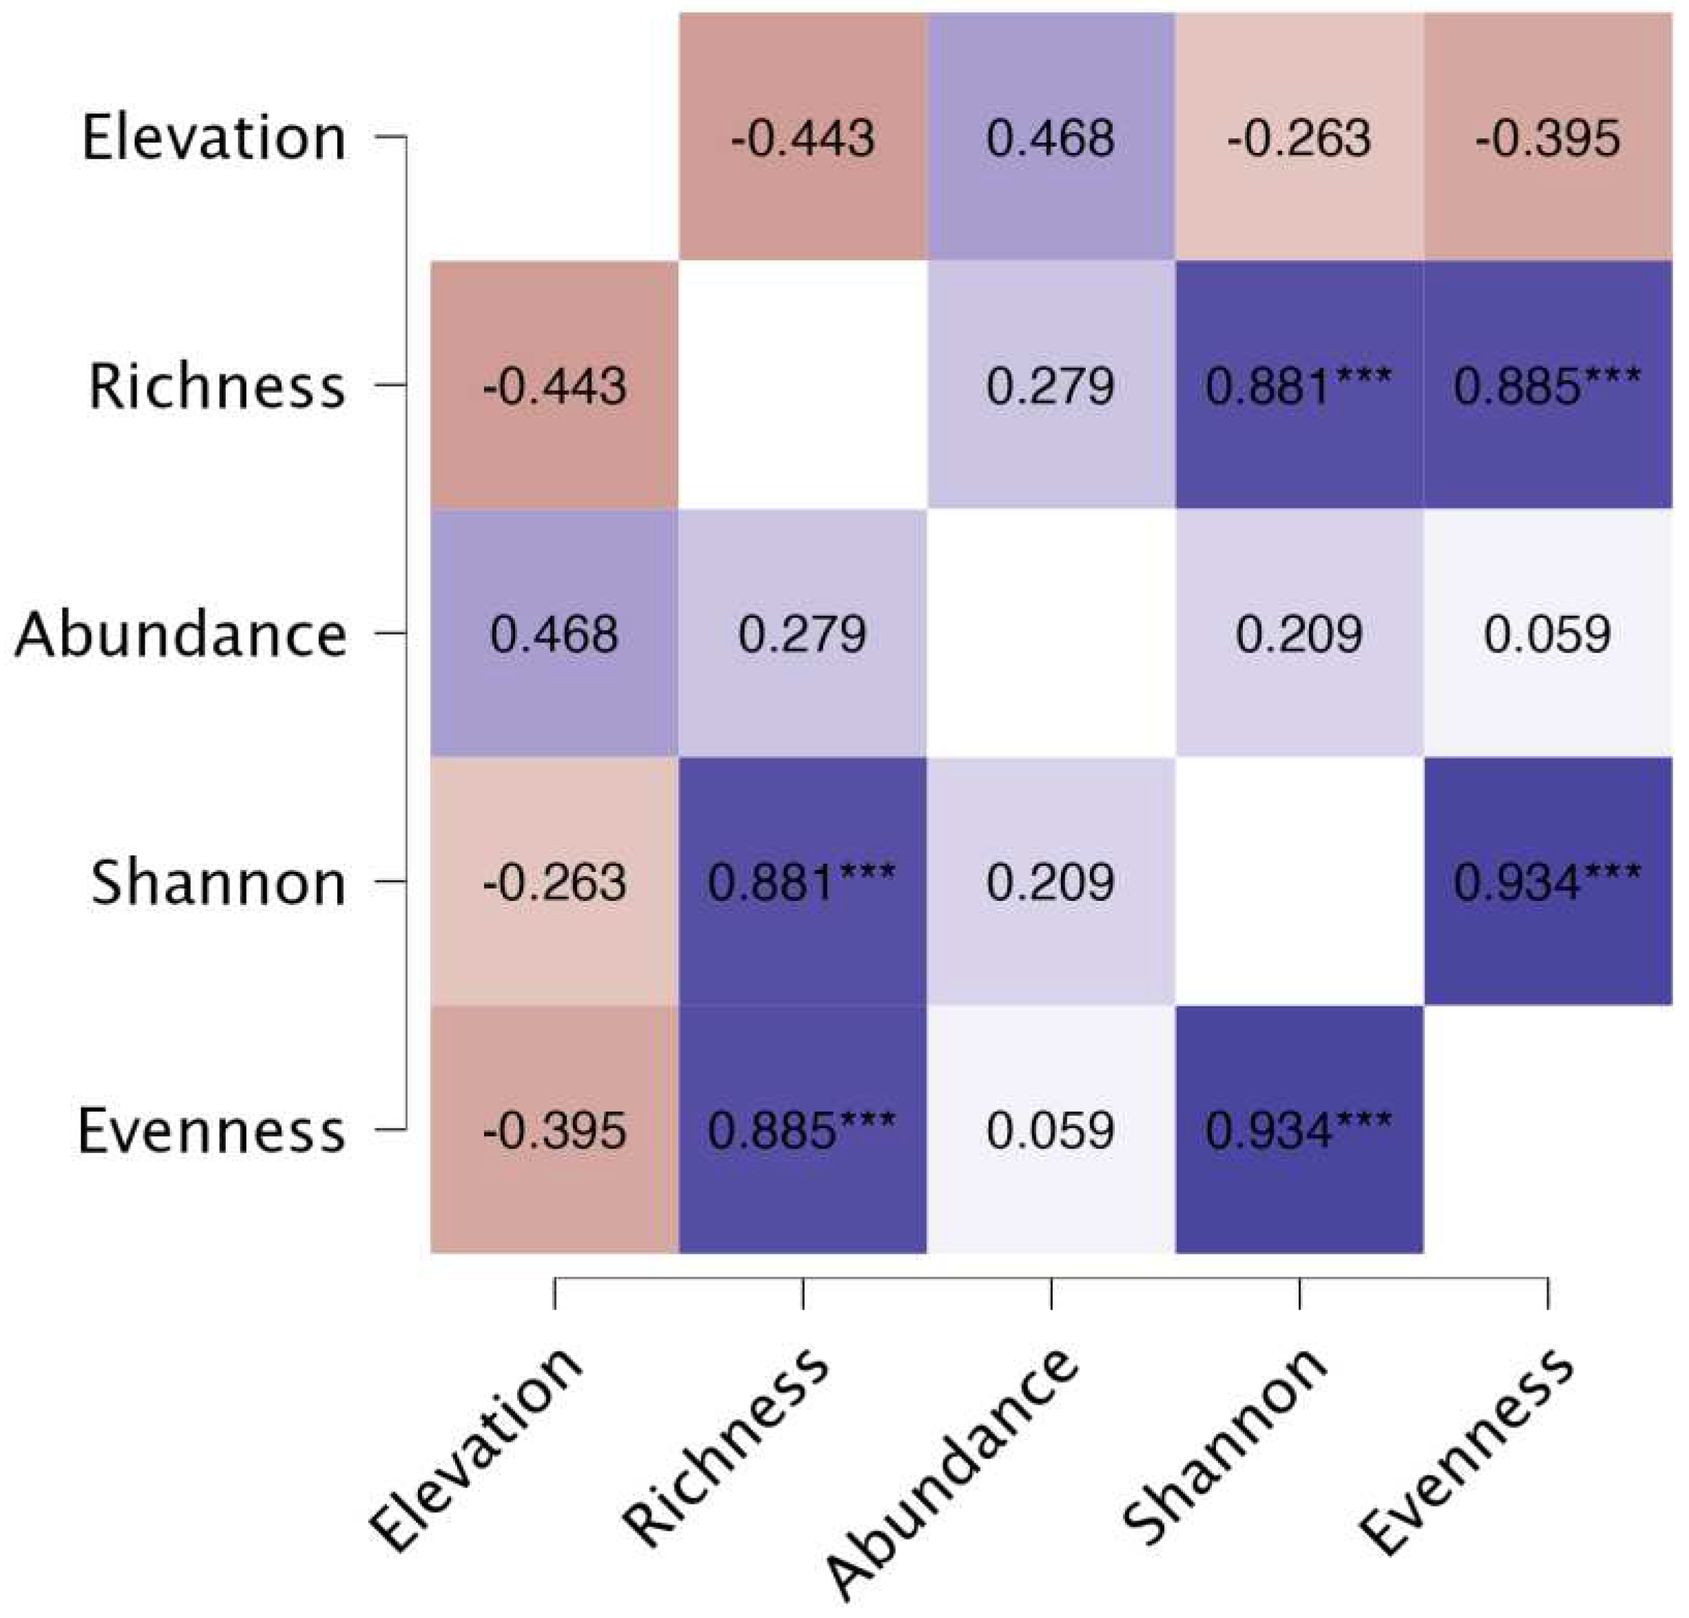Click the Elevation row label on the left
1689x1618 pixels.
coord(213,137)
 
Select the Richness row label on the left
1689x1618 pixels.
coord(216,385)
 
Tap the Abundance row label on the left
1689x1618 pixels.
coord(180,633)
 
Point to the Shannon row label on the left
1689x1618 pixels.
coord(218,882)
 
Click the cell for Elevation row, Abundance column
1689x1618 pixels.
coord(1051,137)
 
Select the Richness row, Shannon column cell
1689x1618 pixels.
coord(1299,385)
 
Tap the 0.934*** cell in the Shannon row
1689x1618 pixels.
coord(1548,882)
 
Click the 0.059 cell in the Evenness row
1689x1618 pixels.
coord(1051,1129)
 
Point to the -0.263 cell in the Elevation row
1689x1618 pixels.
coord(1299,137)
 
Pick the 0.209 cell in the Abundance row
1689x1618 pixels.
coord(1299,633)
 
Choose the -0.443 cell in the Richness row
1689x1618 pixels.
coord(554,385)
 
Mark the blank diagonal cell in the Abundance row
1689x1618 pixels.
coord(1051,633)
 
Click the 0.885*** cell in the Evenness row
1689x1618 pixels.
coord(802,1129)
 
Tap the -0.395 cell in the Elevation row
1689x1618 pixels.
coord(1548,137)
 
